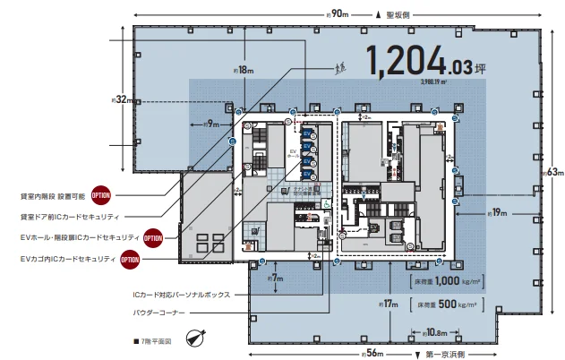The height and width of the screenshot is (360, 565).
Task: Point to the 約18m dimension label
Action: [244, 69]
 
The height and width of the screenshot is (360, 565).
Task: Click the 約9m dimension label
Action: [211, 123]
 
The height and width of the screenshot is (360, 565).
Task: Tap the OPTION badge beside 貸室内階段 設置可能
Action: [100, 193]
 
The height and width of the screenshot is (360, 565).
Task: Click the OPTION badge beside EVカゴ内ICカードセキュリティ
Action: [130, 260]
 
